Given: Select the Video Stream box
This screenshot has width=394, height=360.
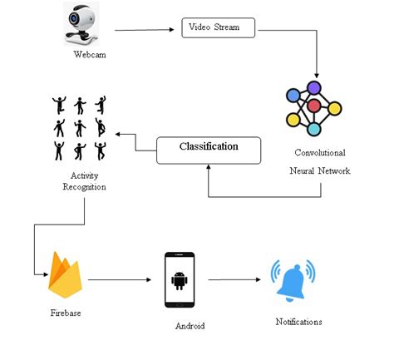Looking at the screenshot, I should click(x=214, y=28).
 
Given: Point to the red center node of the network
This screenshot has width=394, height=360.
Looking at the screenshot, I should click(x=313, y=106).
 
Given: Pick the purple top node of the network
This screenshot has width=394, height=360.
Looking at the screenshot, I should click(x=313, y=86).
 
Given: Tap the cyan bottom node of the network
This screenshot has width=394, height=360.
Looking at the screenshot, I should click(x=313, y=128).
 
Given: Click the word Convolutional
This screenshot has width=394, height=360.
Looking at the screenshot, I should click(x=319, y=153).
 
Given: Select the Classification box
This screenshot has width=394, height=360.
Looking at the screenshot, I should click(x=209, y=148).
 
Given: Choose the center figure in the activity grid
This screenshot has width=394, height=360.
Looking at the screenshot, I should click(x=80, y=128).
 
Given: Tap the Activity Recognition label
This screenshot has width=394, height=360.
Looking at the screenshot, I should click(x=84, y=180).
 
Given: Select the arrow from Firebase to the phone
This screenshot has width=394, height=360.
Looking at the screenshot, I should click(x=122, y=280).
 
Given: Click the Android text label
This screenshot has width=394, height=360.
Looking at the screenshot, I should click(x=190, y=327).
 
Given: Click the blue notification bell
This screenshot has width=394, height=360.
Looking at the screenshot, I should click(x=293, y=280).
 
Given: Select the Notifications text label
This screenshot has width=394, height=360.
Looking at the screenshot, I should click(x=298, y=321).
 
